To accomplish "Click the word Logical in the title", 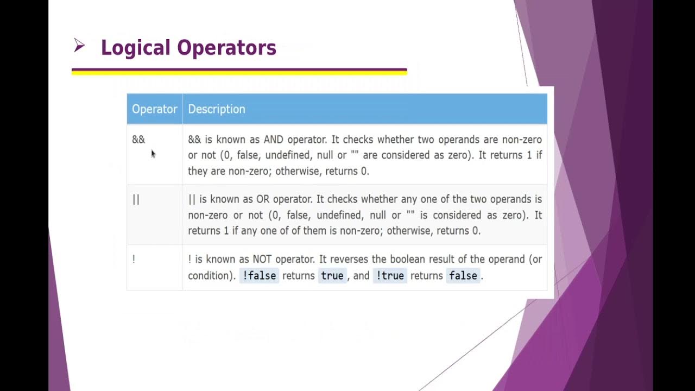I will point(136,48).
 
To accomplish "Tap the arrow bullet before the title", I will point(79,47).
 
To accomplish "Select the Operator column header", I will point(155,109).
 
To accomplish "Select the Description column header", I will point(217,109).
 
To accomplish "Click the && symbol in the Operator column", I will point(138,140).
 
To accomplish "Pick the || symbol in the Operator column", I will point(136,199).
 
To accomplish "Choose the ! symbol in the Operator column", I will point(134,260).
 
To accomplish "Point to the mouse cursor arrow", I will point(153,154).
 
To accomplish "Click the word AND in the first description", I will point(274,140).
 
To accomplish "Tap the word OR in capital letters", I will point(263,199).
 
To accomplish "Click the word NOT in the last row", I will point(265,260).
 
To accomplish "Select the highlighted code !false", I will point(260,276).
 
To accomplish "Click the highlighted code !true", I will point(390,276).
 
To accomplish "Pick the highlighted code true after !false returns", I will point(332,276).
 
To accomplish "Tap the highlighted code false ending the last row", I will point(463,276).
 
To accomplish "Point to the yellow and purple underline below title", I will point(239,71).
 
